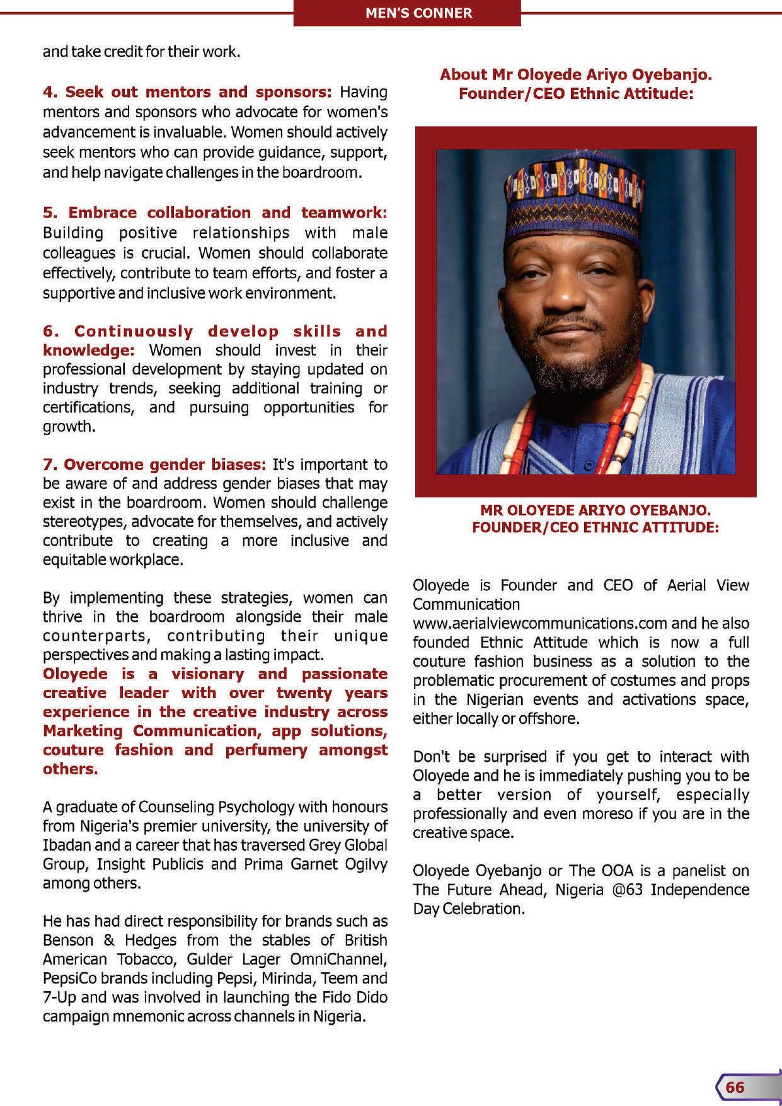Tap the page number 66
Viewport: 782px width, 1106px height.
click(735, 1087)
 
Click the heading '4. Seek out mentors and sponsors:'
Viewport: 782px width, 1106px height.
click(187, 92)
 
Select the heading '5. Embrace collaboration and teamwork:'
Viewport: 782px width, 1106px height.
click(214, 212)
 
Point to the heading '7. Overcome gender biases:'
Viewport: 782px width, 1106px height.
click(154, 465)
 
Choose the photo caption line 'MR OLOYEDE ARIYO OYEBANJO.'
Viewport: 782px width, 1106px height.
click(595, 509)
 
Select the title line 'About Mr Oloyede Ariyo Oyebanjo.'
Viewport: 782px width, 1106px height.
click(575, 74)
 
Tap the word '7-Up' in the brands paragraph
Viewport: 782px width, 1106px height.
click(59, 997)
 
